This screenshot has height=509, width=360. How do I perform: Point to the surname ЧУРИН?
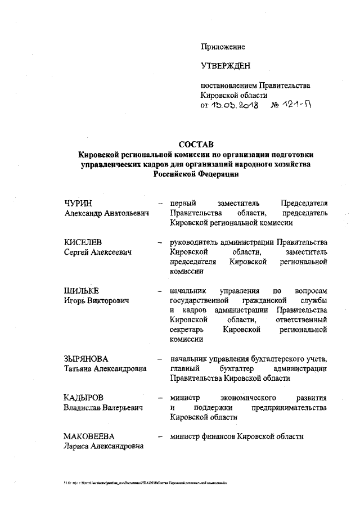click(78, 203)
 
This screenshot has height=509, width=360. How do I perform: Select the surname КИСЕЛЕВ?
click(83, 242)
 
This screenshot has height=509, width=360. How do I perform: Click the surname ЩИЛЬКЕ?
click(82, 291)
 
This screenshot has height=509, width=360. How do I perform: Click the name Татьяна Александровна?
click(105, 368)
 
